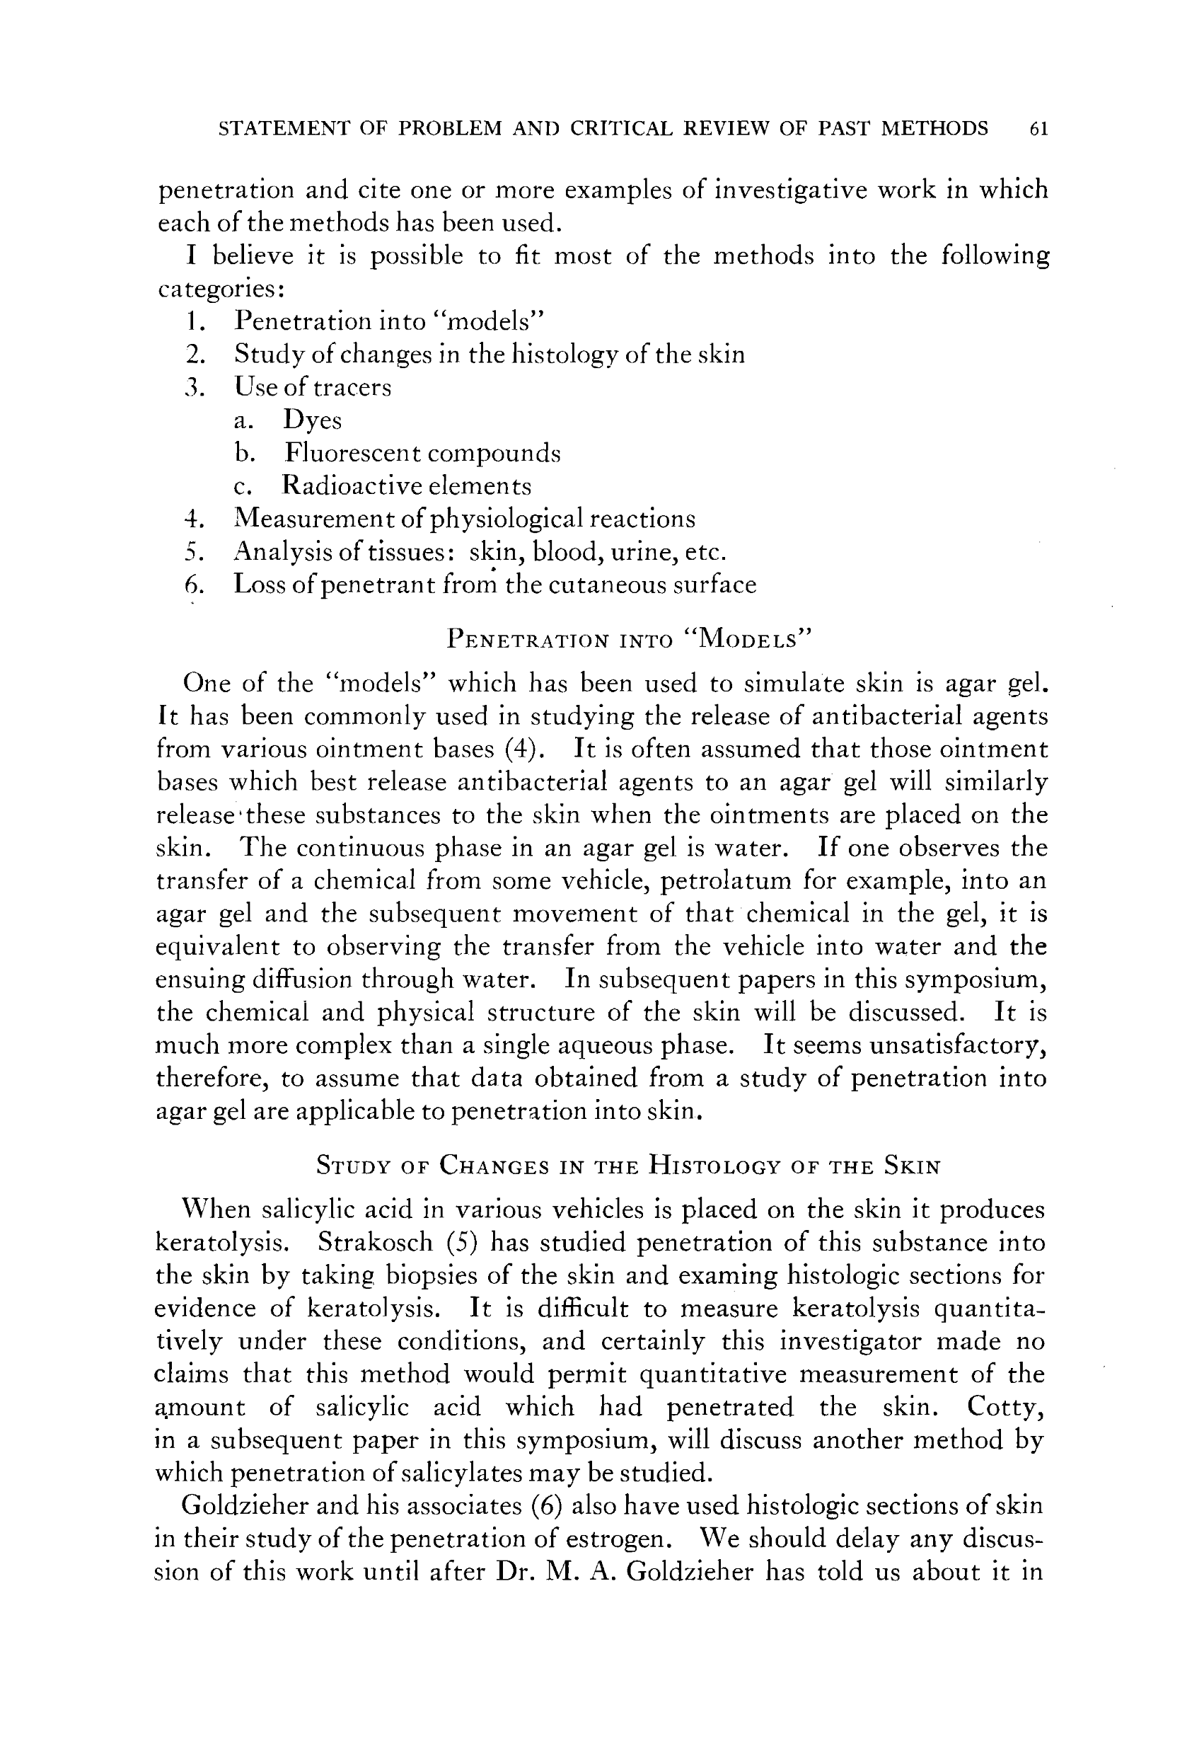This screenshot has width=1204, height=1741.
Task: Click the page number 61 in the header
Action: pos(1038,129)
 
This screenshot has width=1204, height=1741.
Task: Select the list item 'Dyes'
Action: pos(312,420)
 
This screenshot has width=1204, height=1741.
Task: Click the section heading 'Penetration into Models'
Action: pos(628,639)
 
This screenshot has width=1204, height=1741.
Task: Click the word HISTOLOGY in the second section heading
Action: pos(713,1167)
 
